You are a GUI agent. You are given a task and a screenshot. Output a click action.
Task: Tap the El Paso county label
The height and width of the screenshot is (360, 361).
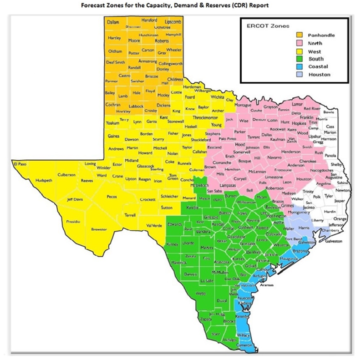pyautogui.click(x=20, y=163)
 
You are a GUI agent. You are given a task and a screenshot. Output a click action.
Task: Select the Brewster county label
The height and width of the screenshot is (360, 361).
pyautogui.click(x=99, y=229)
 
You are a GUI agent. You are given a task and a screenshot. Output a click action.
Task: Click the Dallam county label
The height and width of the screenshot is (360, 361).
pyautogui.click(x=113, y=22)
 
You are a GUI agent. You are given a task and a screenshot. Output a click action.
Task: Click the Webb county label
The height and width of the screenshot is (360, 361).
pyautogui.click(x=200, y=294)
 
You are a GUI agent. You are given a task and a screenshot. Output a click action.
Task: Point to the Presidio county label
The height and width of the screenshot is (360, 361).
pyautogui.click(x=73, y=221)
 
